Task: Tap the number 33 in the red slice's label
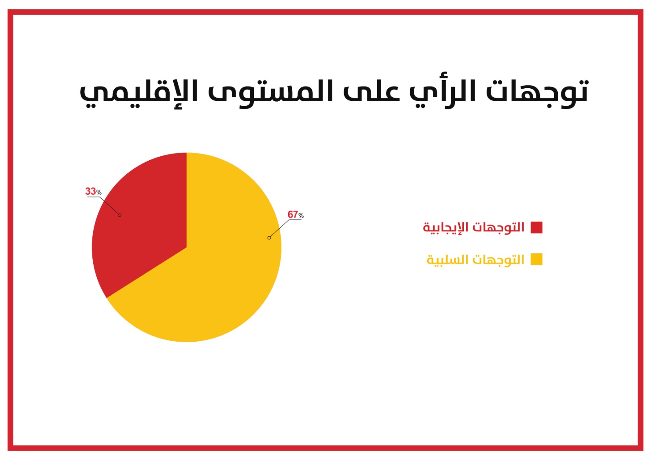tap(90, 191)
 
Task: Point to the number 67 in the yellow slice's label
tap(293, 214)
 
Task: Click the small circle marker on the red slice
tap(120, 215)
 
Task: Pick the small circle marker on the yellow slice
tap(269, 238)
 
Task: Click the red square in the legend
tap(537, 227)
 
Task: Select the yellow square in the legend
tap(537, 259)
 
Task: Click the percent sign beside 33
tap(99, 192)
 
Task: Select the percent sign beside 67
tap(301, 216)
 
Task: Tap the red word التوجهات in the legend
tap(498, 227)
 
